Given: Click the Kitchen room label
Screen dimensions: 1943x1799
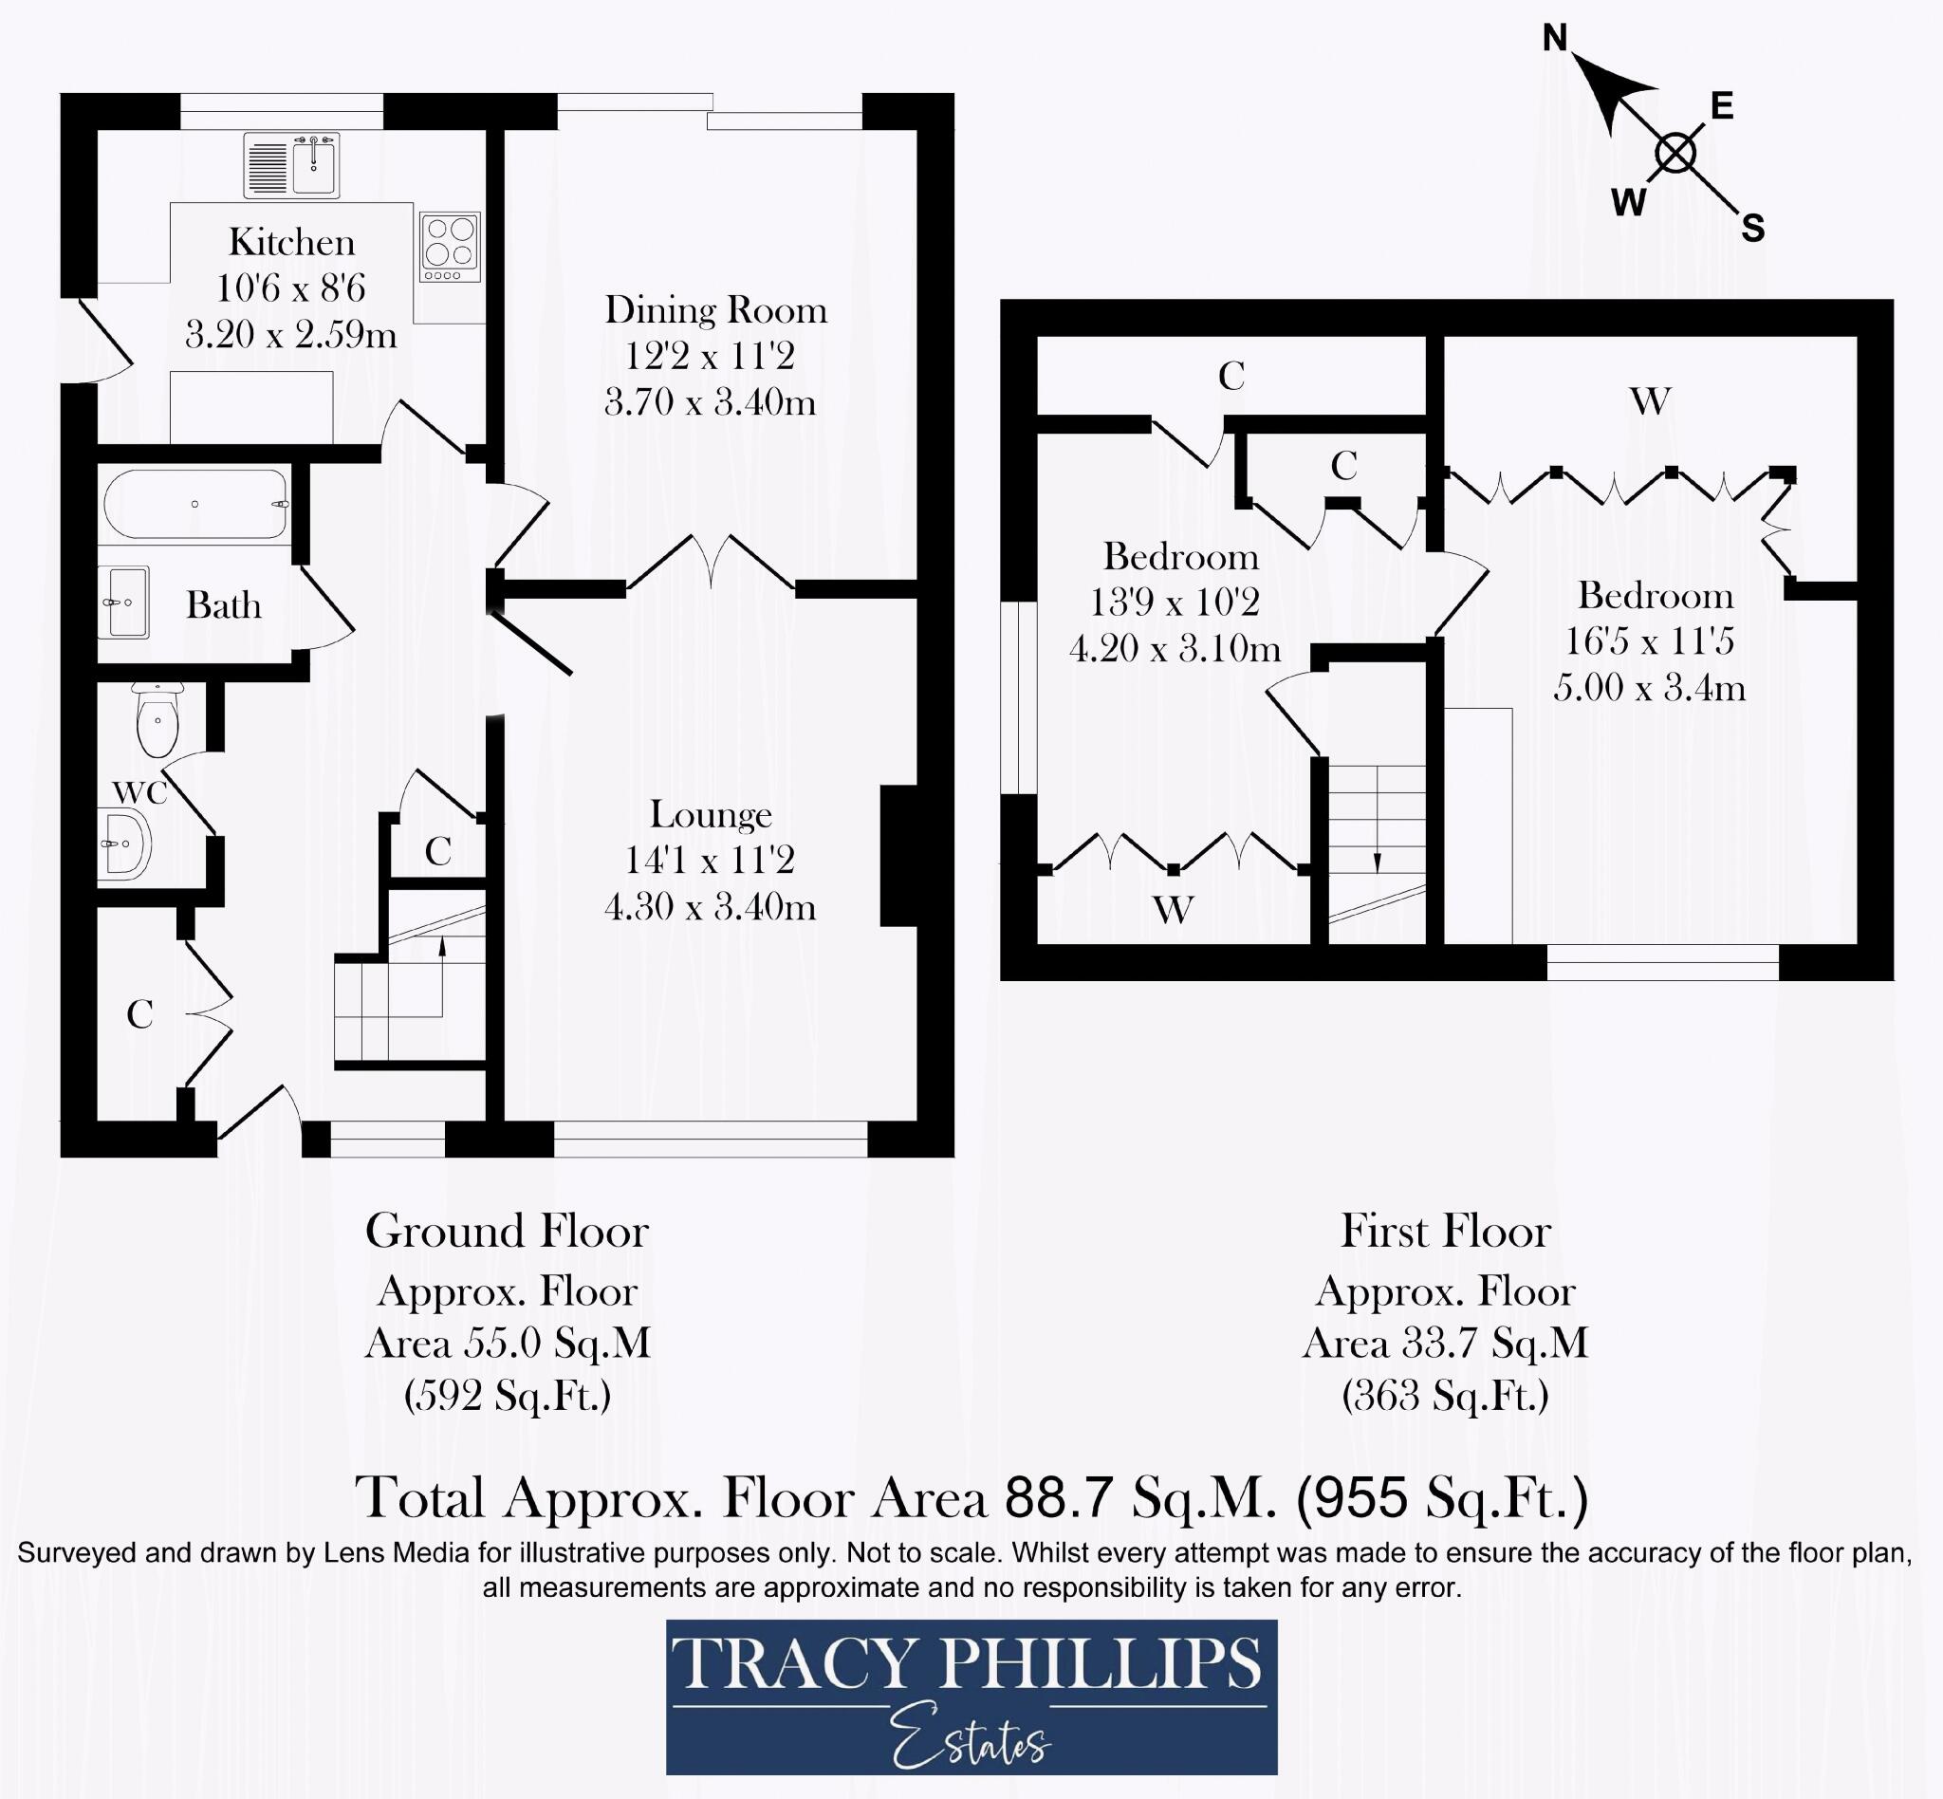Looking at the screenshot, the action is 292,241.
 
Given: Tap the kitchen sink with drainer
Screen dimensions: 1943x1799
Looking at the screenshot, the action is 291,165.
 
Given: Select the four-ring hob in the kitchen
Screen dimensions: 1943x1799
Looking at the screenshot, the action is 451,248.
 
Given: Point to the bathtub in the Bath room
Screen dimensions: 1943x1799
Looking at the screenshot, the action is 195,503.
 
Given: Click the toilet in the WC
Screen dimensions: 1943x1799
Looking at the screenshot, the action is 157,719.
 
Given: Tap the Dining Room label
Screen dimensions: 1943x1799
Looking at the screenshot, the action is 716,309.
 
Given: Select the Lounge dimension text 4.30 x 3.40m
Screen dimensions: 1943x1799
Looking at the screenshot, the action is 710,906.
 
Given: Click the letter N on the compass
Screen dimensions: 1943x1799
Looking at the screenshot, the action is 1556,38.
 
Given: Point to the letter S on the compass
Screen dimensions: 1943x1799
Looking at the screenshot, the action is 1752,228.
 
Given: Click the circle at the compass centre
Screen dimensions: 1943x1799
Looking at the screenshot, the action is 1675,153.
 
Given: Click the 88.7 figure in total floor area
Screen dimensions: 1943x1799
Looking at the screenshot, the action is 1060,1497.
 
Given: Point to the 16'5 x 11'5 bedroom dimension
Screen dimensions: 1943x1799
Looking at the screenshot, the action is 1650,640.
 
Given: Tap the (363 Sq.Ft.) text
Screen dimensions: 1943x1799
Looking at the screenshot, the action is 1446,1396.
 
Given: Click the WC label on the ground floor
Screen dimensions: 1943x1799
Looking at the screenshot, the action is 141,792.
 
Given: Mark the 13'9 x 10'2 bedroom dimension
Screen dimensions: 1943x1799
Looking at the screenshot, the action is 1175,602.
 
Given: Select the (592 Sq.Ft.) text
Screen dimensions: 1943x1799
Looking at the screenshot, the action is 508,1396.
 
